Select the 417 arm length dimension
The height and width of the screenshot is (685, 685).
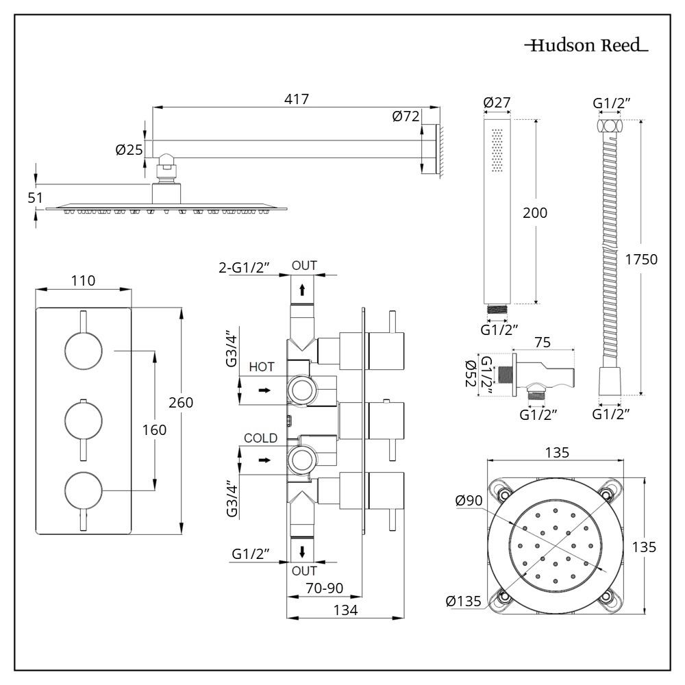pyautogui.click(x=296, y=99)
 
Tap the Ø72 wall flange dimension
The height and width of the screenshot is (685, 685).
pyautogui.click(x=406, y=116)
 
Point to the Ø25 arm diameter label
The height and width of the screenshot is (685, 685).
pyautogui.click(x=129, y=150)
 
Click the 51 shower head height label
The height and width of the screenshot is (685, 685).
pyautogui.click(x=36, y=197)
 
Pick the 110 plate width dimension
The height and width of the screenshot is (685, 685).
pyautogui.click(x=83, y=280)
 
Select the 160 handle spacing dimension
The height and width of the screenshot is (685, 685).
pyautogui.click(x=153, y=429)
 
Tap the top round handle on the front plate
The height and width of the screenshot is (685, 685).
pyautogui.click(x=83, y=350)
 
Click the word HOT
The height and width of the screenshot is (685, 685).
pyautogui.click(x=262, y=367)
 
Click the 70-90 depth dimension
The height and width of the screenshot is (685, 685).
pyautogui.click(x=324, y=588)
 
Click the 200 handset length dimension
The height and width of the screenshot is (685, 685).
pyautogui.click(x=534, y=213)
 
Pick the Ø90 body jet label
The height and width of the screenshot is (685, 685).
pyautogui.click(x=469, y=501)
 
